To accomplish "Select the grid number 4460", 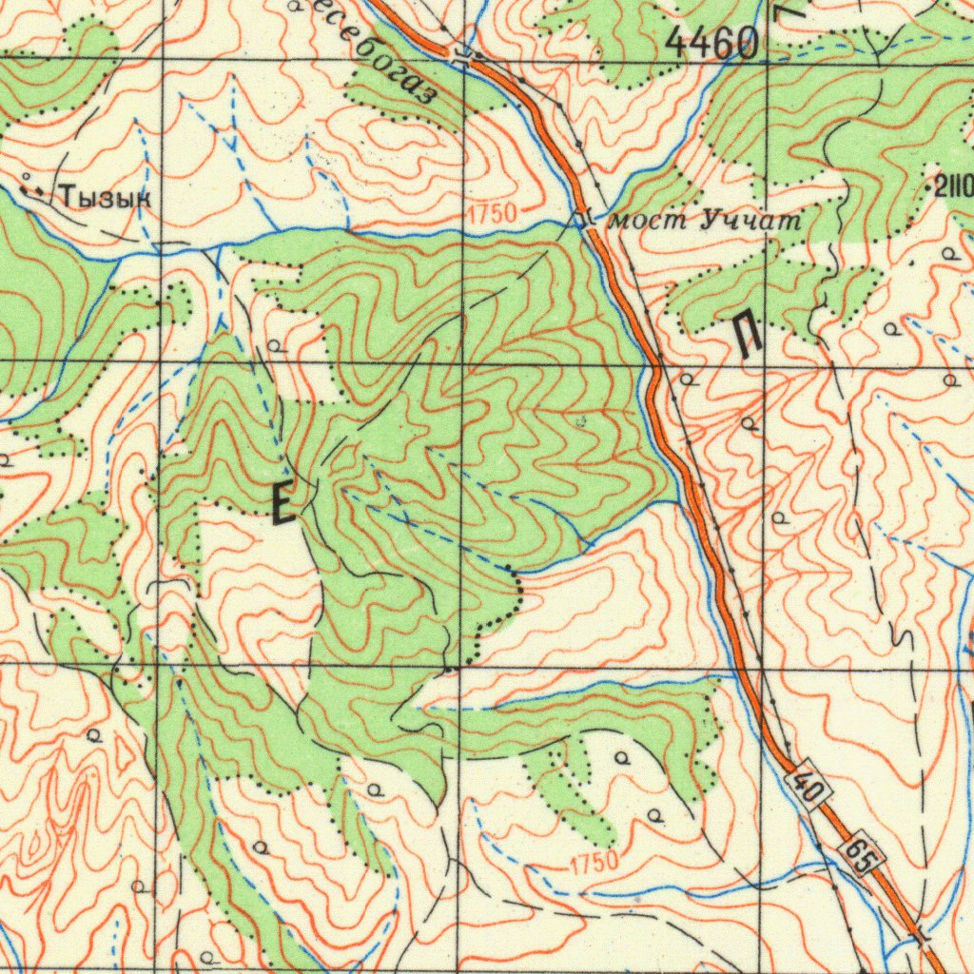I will (712, 42).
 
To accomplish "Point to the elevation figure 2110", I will (954, 186).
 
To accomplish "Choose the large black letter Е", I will (282, 503).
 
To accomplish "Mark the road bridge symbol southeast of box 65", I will (922, 936).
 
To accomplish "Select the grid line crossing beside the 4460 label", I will (767, 60).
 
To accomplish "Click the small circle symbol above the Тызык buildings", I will (25, 177).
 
